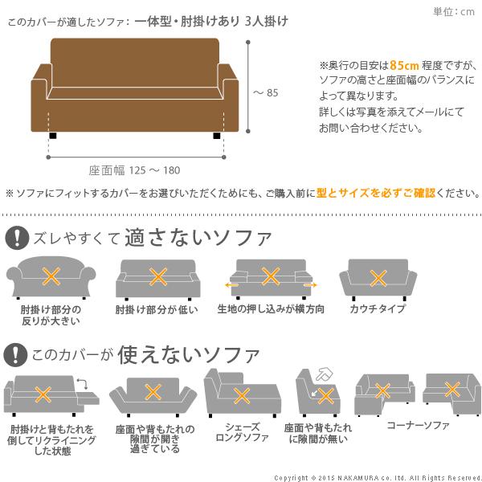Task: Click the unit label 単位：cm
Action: (454, 11)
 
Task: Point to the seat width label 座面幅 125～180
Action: (134, 170)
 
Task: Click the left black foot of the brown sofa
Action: (52, 137)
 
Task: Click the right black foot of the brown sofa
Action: (216, 137)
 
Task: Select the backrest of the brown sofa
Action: (134, 56)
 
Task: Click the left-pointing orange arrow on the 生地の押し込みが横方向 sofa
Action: (231, 284)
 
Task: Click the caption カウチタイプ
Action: (377, 310)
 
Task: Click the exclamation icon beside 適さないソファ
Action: (15, 237)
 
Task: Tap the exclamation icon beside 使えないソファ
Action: (15, 354)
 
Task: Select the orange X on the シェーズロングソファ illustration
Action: (239, 395)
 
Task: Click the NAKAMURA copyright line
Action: (377, 476)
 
